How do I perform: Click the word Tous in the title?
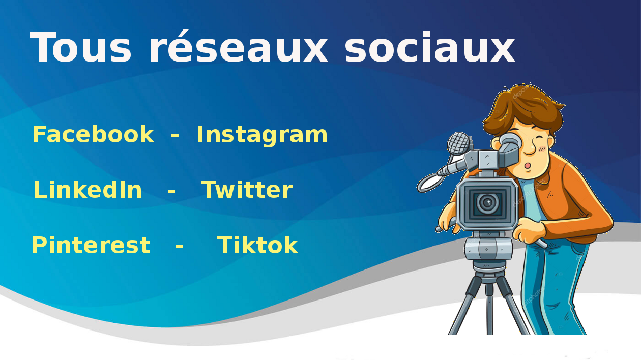pos(80,47)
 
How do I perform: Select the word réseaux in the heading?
pos(238,47)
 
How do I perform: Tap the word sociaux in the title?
pos(430,47)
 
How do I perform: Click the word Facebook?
pos(94,134)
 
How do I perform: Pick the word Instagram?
pos(262,135)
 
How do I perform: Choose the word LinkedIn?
pos(88,190)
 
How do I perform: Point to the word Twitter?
pos(247,190)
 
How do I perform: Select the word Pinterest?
pos(91,245)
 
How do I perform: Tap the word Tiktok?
pos(257,245)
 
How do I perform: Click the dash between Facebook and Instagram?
pos(175,136)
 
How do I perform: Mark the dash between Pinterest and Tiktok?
pos(180,247)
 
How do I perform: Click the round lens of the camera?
pos(487,203)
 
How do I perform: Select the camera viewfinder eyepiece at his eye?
pos(509,142)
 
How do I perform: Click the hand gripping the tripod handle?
pos(529,230)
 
